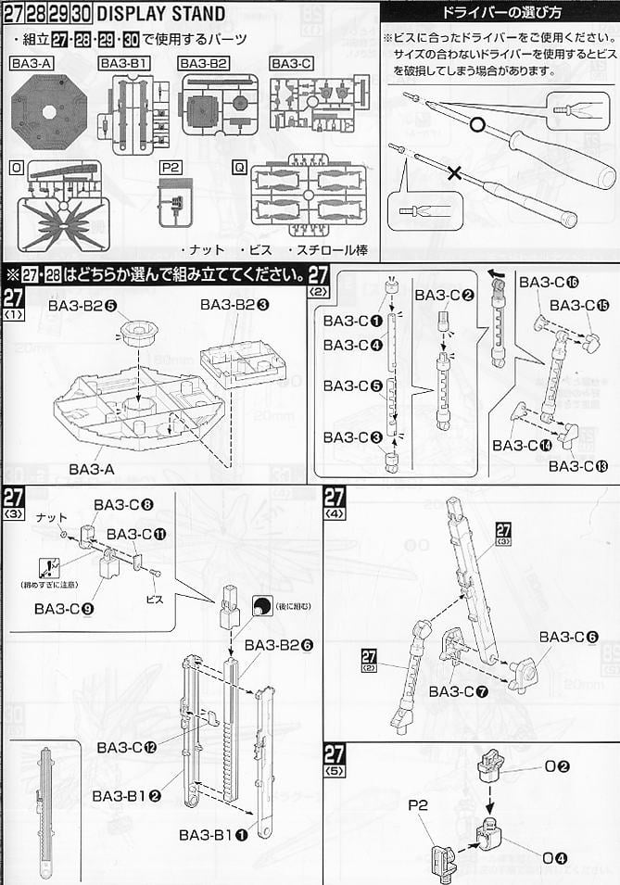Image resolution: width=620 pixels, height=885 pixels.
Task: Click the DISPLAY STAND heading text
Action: (x=161, y=13)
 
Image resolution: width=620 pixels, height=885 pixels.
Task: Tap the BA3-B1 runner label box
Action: (x=126, y=64)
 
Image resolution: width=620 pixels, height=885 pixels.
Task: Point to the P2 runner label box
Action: (x=171, y=168)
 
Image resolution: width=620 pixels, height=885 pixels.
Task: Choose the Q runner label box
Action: (x=240, y=168)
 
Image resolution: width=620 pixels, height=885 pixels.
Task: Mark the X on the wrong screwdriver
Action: (x=454, y=173)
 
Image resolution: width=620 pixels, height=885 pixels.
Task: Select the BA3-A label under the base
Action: (x=91, y=469)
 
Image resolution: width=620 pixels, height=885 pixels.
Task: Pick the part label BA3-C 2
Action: (x=445, y=295)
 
